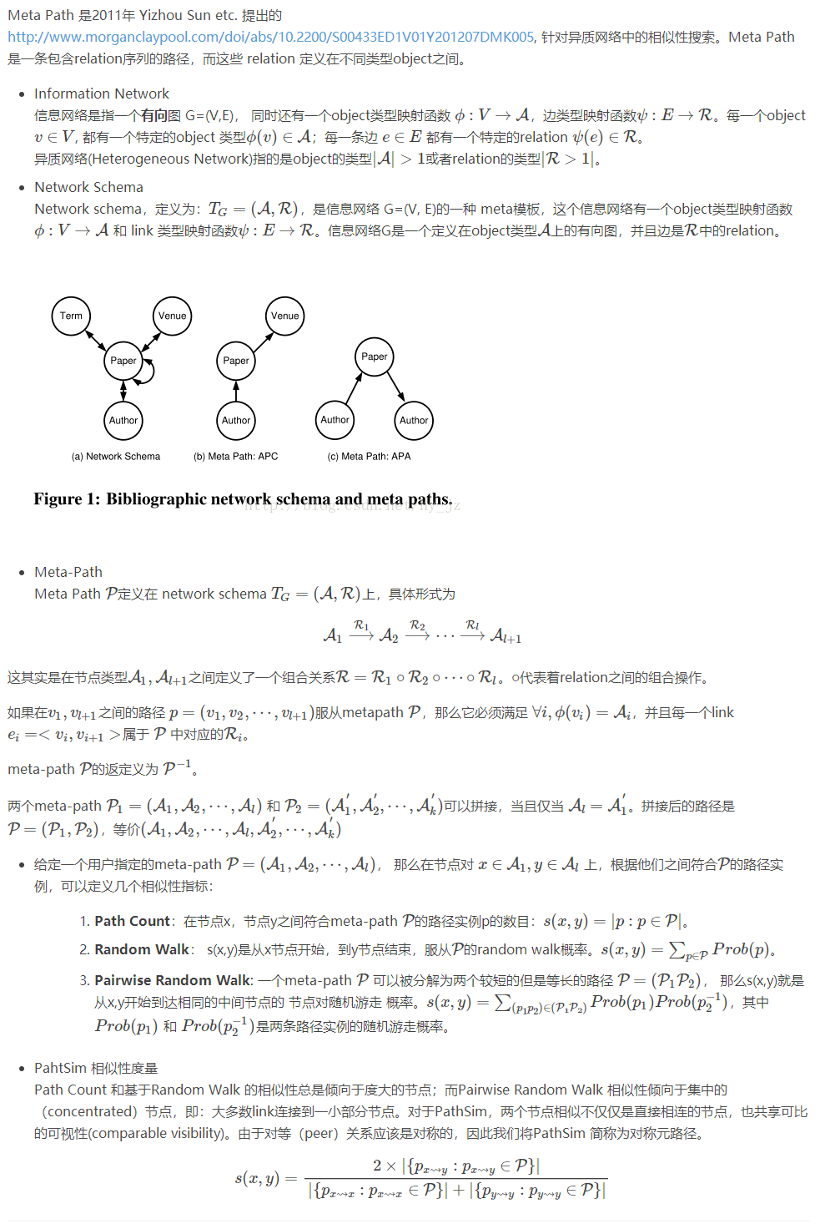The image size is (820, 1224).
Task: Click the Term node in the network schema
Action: [72, 316]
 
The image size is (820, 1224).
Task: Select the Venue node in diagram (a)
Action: [173, 316]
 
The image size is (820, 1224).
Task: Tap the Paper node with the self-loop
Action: [123, 361]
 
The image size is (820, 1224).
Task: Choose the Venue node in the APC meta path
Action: [284, 316]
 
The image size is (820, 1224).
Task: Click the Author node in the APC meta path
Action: [236, 421]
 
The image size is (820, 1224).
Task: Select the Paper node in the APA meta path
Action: [374, 357]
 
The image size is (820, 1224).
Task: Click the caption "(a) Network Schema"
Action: [116, 457]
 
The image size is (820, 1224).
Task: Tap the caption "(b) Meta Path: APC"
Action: [236, 457]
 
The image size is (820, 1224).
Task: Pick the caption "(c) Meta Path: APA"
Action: [369, 457]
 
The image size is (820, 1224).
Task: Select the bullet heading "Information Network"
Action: [101, 94]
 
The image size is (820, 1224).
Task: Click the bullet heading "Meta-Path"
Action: [68, 572]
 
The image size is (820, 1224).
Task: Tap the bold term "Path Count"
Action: [132, 921]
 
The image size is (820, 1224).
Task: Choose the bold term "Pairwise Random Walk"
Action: [173, 980]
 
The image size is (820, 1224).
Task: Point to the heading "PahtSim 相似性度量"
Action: [96, 1068]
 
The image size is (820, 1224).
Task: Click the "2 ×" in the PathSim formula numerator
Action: [385, 1166]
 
